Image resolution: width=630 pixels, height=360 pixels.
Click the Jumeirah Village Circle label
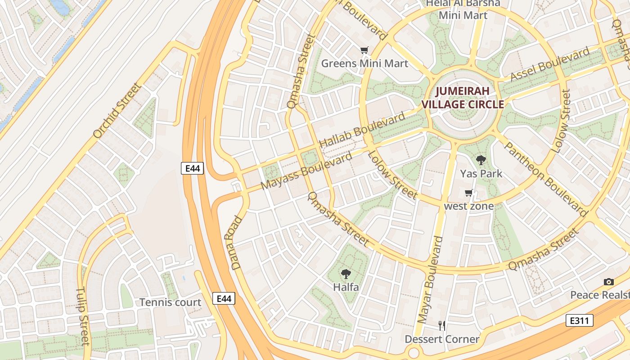click(x=462, y=98)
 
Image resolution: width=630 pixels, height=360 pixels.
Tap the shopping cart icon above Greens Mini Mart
click(x=364, y=50)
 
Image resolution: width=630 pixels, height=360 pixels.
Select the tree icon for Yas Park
click(x=481, y=160)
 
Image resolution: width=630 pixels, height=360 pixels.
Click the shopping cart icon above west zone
click(x=468, y=193)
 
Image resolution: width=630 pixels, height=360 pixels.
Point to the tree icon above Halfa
click(x=346, y=273)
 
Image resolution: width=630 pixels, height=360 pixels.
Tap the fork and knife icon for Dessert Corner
click(x=442, y=325)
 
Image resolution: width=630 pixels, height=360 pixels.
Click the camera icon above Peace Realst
click(x=608, y=282)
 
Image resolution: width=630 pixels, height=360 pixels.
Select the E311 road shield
click(x=579, y=320)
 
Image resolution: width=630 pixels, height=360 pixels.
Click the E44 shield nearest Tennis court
click(x=224, y=298)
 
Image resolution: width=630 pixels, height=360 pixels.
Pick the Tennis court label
click(x=170, y=302)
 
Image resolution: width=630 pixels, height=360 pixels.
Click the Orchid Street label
click(x=117, y=110)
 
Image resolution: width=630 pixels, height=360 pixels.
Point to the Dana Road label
click(x=237, y=243)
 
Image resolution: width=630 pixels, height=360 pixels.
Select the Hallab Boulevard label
click(x=362, y=130)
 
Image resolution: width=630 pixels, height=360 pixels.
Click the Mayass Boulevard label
click(x=306, y=171)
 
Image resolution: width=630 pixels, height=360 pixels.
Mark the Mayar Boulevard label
click(x=430, y=280)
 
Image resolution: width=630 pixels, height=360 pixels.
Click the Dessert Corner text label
click(x=442, y=339)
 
